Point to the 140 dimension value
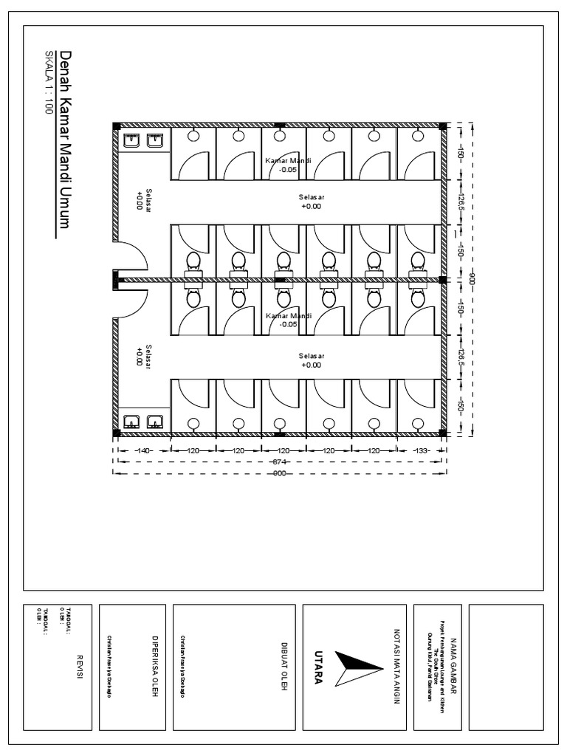pos(142,450)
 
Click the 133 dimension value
pos(421,450)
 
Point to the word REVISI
pos(79,667)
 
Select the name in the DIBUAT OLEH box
pos(182,666)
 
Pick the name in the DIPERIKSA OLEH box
pos(109,666)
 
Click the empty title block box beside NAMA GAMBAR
pos(506,666)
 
